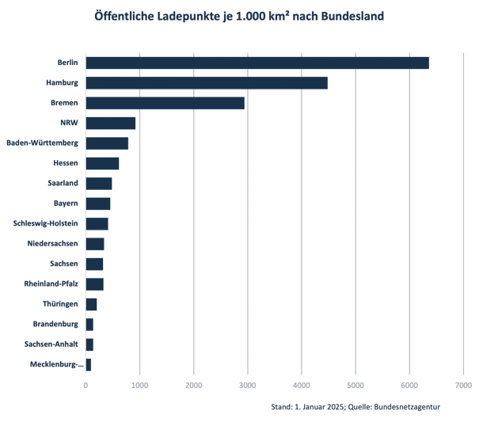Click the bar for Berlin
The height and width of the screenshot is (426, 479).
tap(257, 63)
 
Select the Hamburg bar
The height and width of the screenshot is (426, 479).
tap(207, 82)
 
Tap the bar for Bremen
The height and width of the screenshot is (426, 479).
tap(165, 103)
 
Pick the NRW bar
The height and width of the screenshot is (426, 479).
tap(111, 123)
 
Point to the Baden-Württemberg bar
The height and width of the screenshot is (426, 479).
tap(107, 143)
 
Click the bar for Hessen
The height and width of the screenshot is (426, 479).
tap(102, 163)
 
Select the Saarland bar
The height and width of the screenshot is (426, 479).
tap(99, 183)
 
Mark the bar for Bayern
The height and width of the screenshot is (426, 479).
tap(98, 203)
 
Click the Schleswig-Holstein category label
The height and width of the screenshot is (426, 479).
tap(45, 223)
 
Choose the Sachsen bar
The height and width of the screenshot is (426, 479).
tap(94, 264)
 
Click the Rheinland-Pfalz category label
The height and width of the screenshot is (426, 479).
tap(51, 284)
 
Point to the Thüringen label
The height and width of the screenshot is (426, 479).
tap(60, 304)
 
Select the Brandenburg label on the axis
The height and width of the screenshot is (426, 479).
tap(55, 324)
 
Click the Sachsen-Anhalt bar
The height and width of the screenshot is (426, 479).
tap(89, 344)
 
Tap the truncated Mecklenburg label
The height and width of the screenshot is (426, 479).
tap(54, 364)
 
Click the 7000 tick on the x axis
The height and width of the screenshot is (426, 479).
tap(463, 386)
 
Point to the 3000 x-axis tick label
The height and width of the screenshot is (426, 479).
tap(247, 386)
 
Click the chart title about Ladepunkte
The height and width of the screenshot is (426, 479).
tap(239, 15)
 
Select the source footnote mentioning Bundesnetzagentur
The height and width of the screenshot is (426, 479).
tap(355, 406)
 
